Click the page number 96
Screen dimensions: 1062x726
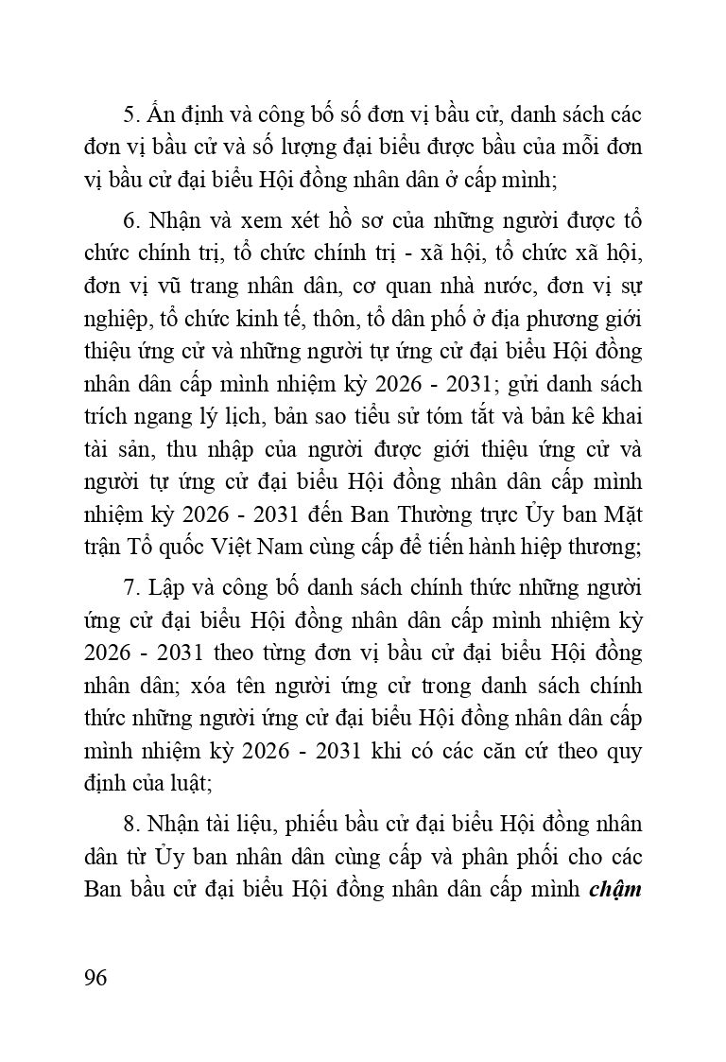click(95, 977)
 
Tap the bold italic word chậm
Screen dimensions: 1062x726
click(617, 890)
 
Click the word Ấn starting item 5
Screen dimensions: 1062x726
click(156, 115)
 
